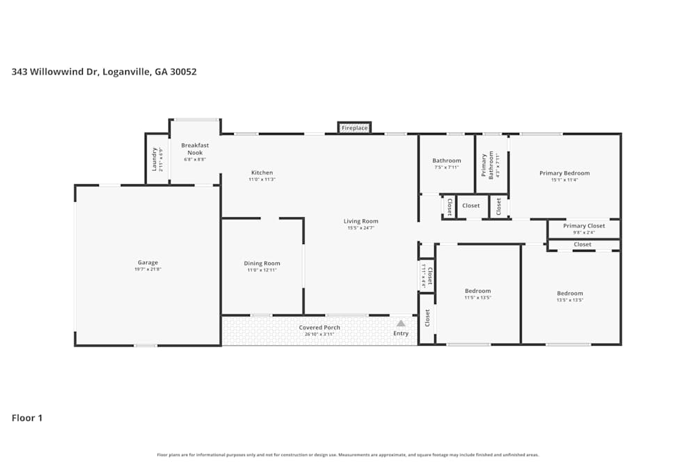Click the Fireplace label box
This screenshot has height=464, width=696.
tap(354, 128)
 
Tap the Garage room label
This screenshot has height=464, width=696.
tap(148, 263)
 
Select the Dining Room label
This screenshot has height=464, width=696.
tap(262, 263)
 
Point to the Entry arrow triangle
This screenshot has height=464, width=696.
tap(401, 323)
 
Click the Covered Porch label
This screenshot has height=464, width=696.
tap(319, 328)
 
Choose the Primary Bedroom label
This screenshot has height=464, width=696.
tap(564, 173)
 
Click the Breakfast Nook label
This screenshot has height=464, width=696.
tap(195, 149)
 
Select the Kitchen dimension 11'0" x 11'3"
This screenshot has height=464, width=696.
tap(262, 179)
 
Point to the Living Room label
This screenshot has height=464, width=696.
tap(361, 221)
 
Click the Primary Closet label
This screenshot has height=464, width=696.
tap(584, 225)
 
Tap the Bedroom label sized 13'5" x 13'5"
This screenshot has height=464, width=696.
tap(570, 294)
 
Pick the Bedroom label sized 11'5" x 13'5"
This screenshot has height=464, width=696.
tap(477, 291)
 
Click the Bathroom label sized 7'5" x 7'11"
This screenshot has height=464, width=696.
tap(446, 161)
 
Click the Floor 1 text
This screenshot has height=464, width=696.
tap(27, 418)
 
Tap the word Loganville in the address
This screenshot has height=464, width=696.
tap(125, 71)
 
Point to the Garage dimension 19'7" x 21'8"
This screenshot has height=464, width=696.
tap(148, 269)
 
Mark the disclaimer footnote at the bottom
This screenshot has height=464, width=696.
tap(347, 455)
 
